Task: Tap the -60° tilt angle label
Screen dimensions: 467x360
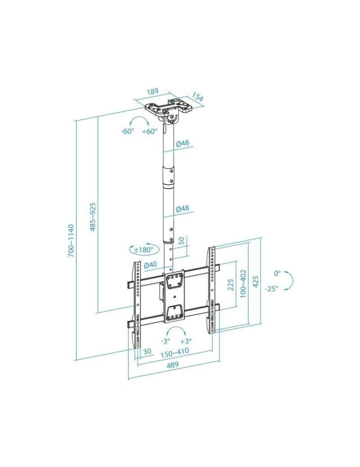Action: pyautogui.click(x=128, y=131)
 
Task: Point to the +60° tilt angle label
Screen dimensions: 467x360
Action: pyautogui.click(x=149, y=131)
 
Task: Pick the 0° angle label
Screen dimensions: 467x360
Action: pyautogui.click(x=277, y=273)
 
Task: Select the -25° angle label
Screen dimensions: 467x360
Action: pyautogui.click(x=271, y=289)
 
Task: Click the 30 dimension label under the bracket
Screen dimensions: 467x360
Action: pyautogui.click(x=146, y=352)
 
